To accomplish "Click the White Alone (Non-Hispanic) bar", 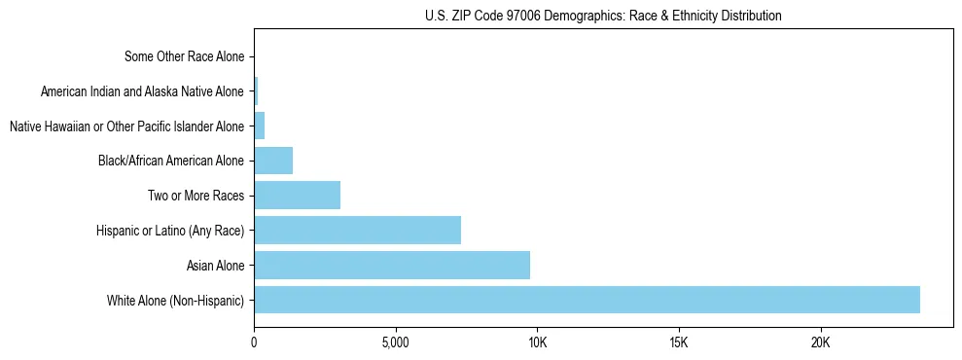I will [x=587, y=300].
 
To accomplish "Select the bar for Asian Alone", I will [x=392, y=265].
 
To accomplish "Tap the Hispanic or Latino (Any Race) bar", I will [x=357, y=231].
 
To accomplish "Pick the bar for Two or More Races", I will [x=297, y=196].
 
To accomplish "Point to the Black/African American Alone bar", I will [x=273, y=161].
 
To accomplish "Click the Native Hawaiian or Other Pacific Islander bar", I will [x=259, y=126].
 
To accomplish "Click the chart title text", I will [x=603, y=17].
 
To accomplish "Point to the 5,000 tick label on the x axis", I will [x=396, y=343].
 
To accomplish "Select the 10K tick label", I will [x=537, y=343].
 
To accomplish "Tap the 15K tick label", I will [x=679, y=343].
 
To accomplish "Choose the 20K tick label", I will [x=820, y=343].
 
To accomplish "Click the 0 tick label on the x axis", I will [x=254, y=343].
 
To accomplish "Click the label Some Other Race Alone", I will [x=185, y=57].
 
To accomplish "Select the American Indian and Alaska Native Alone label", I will [x=143, y=92].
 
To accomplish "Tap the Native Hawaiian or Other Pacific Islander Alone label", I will [x=126, y=126].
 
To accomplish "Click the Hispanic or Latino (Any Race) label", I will [x=171, y=231].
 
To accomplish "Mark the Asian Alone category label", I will [x=215, y=265].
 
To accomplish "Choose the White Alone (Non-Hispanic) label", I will [x=176, y=300].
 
